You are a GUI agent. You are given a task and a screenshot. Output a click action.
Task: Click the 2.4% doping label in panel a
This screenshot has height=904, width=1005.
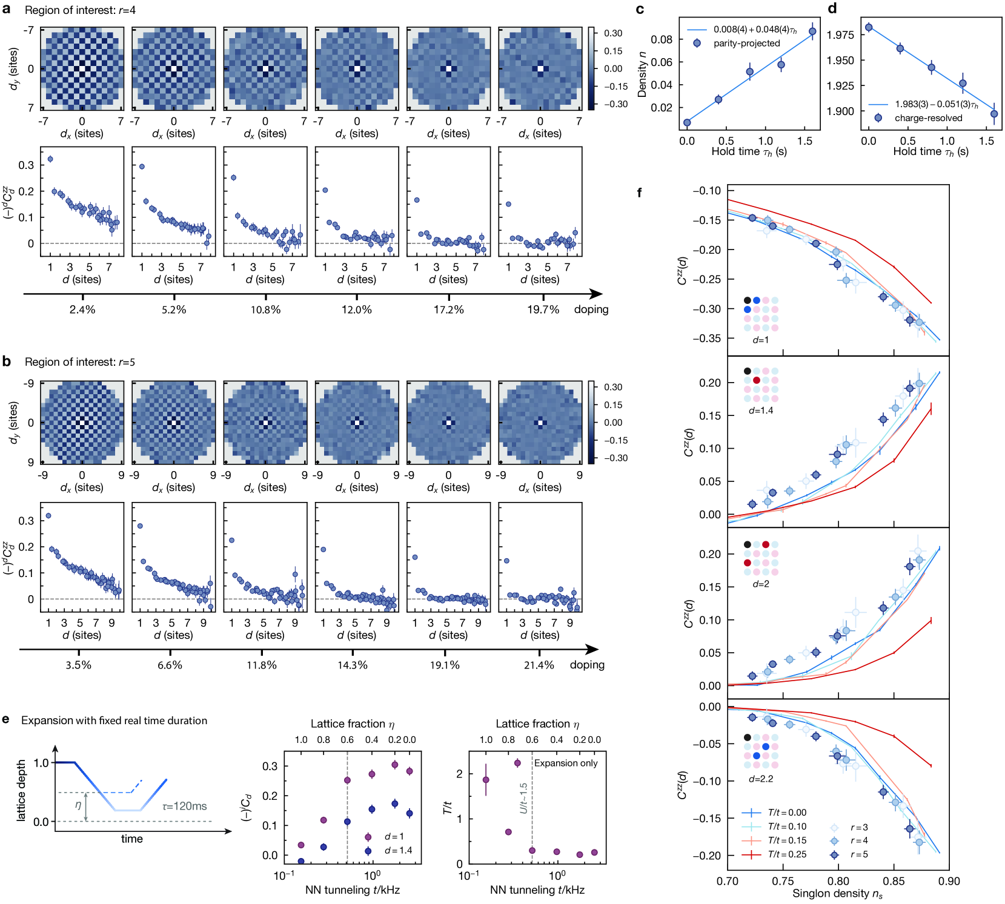(82, 309)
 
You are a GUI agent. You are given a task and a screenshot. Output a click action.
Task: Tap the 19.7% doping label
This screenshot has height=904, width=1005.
(543, 309)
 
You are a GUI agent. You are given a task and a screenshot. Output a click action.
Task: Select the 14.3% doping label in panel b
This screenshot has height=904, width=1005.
(353, 665)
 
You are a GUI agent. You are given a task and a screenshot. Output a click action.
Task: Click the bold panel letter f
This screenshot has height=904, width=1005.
(639, 193)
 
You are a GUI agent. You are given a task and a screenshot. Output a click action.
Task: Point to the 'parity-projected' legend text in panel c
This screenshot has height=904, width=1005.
(746, 43)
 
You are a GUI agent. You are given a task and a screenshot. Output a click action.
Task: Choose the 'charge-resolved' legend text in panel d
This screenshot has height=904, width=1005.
(928, 118)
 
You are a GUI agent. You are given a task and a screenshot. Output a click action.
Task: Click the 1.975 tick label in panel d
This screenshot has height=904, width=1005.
(840, 35)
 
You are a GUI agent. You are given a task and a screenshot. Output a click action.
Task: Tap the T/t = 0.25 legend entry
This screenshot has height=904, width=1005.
(786, 854)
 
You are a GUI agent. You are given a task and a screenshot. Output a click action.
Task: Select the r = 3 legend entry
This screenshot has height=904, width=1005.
(858, 827)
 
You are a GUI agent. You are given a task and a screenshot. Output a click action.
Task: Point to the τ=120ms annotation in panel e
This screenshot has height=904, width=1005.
(184, 806)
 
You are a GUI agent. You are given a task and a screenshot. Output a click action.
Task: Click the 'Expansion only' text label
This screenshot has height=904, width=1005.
(566, 763)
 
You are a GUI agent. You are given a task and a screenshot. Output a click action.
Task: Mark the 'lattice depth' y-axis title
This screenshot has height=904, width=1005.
(22, 790)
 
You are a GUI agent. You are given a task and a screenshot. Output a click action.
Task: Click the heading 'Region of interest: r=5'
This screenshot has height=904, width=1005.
(79, 362)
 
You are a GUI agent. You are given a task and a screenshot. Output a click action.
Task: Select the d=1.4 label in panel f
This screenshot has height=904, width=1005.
(761, 411)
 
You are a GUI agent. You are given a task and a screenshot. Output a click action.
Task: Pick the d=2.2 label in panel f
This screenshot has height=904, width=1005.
(761, 779)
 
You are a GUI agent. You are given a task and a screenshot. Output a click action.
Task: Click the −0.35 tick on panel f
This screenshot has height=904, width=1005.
(707, 338)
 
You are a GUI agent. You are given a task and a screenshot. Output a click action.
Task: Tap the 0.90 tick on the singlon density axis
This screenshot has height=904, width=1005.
(949, 881)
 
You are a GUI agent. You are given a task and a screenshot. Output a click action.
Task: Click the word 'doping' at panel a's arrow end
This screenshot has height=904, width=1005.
(591, 309)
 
